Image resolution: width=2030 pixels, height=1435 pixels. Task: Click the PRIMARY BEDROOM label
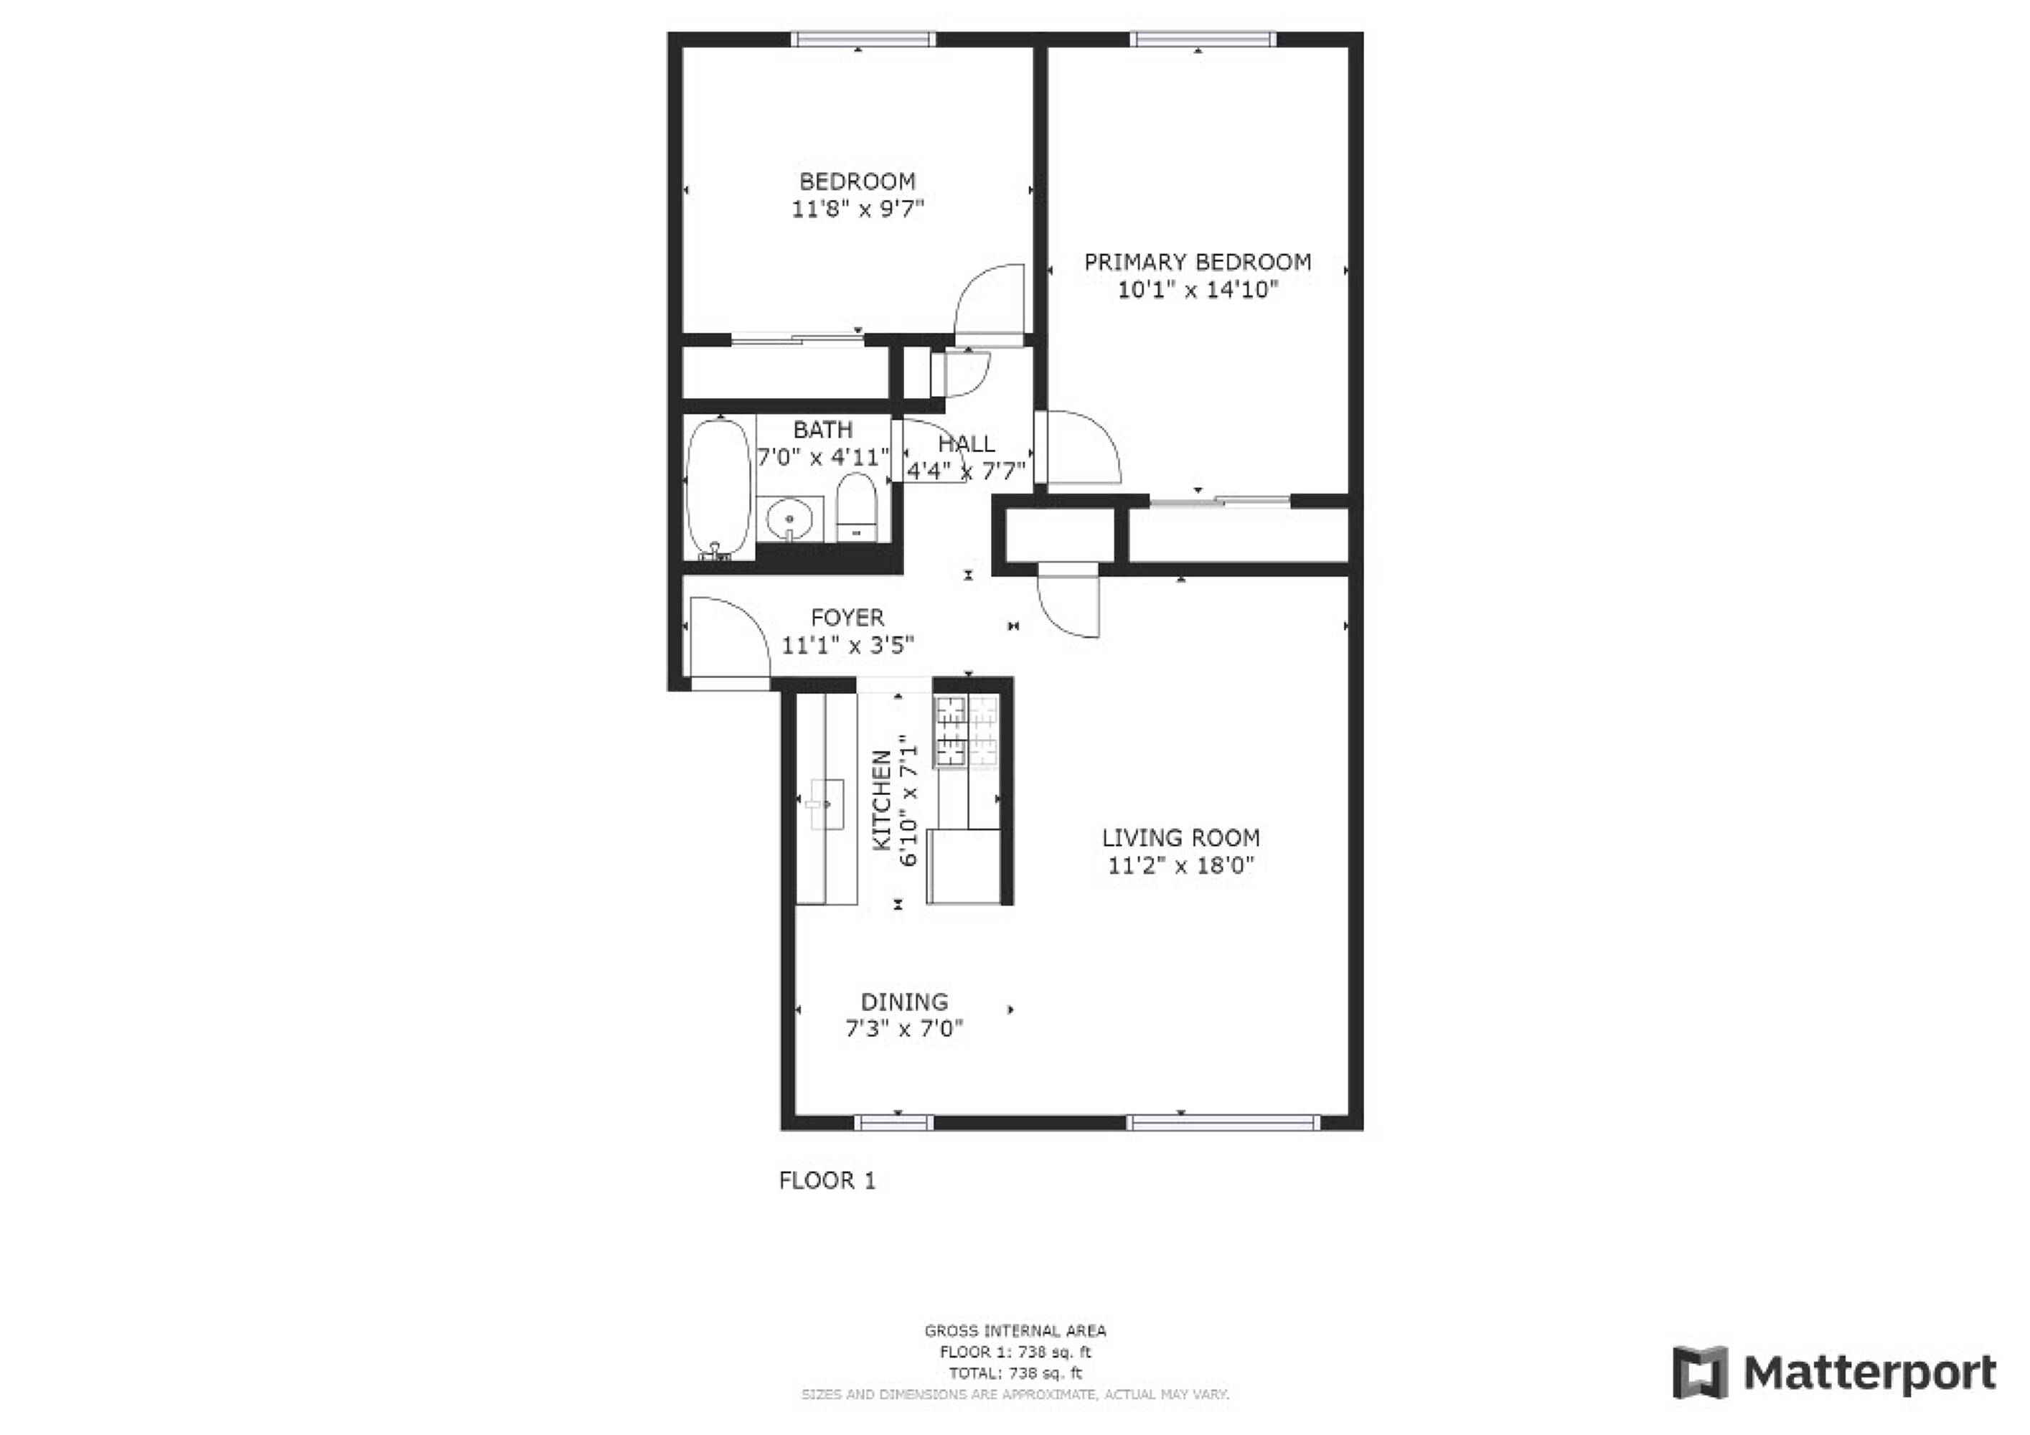point(1197,262)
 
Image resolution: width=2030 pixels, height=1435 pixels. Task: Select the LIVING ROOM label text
point(1180,837)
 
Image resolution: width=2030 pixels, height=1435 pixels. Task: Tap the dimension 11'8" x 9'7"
point(857,210)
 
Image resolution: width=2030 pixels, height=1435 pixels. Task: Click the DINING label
point(903,1002)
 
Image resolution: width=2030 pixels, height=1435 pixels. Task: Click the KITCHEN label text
point(881,800)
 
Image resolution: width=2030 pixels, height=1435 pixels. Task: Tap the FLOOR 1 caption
point(827,1180)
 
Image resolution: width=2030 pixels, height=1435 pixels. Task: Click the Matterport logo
point(1833,1373)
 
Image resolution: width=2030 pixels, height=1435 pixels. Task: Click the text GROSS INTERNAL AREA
point(1015,1331)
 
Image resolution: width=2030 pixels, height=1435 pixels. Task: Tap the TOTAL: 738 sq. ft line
point(1015,1373)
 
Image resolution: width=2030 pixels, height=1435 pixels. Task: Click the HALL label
point(966,444)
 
